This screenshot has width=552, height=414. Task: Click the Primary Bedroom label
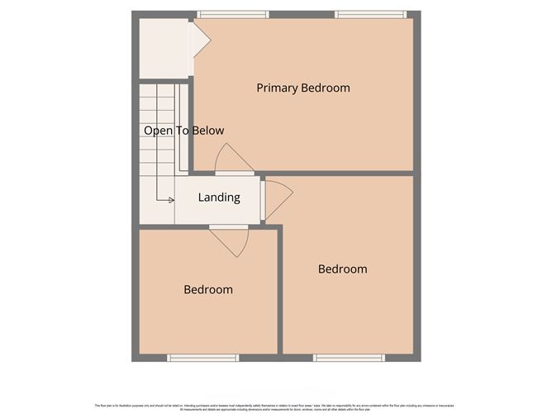(x=302, y=88)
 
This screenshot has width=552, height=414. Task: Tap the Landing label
(x=219, y=197)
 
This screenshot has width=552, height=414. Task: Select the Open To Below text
(x=183, y=131)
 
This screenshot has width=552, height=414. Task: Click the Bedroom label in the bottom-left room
(x=207, y=290)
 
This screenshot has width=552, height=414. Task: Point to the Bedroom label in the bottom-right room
(x=342, y=269)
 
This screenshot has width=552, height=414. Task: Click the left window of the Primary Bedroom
(x=233, y=14)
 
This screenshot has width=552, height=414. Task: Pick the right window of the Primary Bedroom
(x=369, y=14)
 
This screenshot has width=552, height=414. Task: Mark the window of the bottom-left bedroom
(x=202, y=358)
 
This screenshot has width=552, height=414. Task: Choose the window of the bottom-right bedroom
(x=348, y=358)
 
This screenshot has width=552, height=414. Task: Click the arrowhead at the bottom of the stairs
(x=170, y=200)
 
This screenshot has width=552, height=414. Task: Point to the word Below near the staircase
(x=207, y=131)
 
